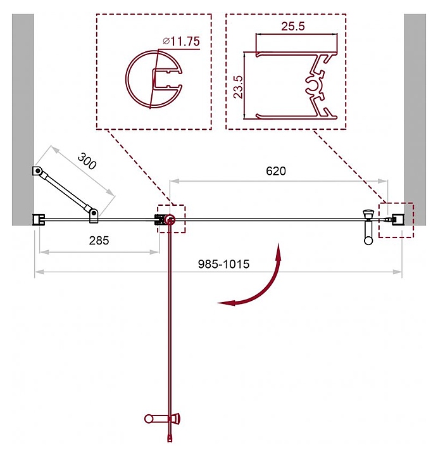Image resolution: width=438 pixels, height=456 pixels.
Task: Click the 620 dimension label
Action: (276, 171)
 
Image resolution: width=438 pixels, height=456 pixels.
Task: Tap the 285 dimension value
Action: (99, 240)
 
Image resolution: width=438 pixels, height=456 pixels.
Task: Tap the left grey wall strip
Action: (22, 120)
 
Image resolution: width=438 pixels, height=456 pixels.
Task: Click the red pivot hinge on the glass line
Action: (169, 220)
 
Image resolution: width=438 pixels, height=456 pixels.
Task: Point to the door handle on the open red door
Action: (163, 418)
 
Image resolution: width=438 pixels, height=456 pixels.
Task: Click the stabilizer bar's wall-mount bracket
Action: (39, 172)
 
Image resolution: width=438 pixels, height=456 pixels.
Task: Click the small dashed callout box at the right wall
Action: (396, 220)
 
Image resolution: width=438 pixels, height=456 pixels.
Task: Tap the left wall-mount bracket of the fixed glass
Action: (38, 219)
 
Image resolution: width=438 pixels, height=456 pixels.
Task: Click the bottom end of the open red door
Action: (170, 438)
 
